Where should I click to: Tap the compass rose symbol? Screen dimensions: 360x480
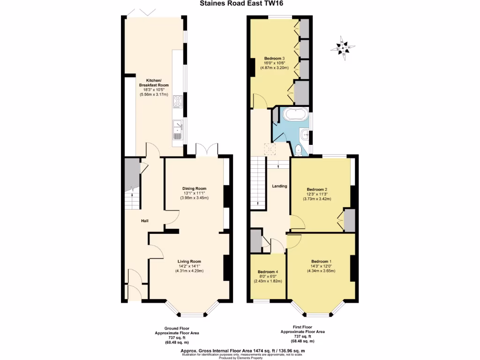point(343,48)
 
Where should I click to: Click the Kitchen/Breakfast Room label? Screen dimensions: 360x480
point(153,82)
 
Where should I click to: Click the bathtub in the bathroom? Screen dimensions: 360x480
point(293,115)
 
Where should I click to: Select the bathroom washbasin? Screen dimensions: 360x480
point(306,135)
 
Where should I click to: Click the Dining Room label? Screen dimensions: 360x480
point(194,189)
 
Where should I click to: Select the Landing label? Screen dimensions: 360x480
point(279,187)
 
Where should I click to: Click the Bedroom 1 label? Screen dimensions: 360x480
point(321,262)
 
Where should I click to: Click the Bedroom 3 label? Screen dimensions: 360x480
point(273,59)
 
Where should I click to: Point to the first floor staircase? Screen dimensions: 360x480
point(257,180)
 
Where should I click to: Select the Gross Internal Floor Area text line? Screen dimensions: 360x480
point(243,351)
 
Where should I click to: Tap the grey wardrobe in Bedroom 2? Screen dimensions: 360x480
point(349,220)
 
